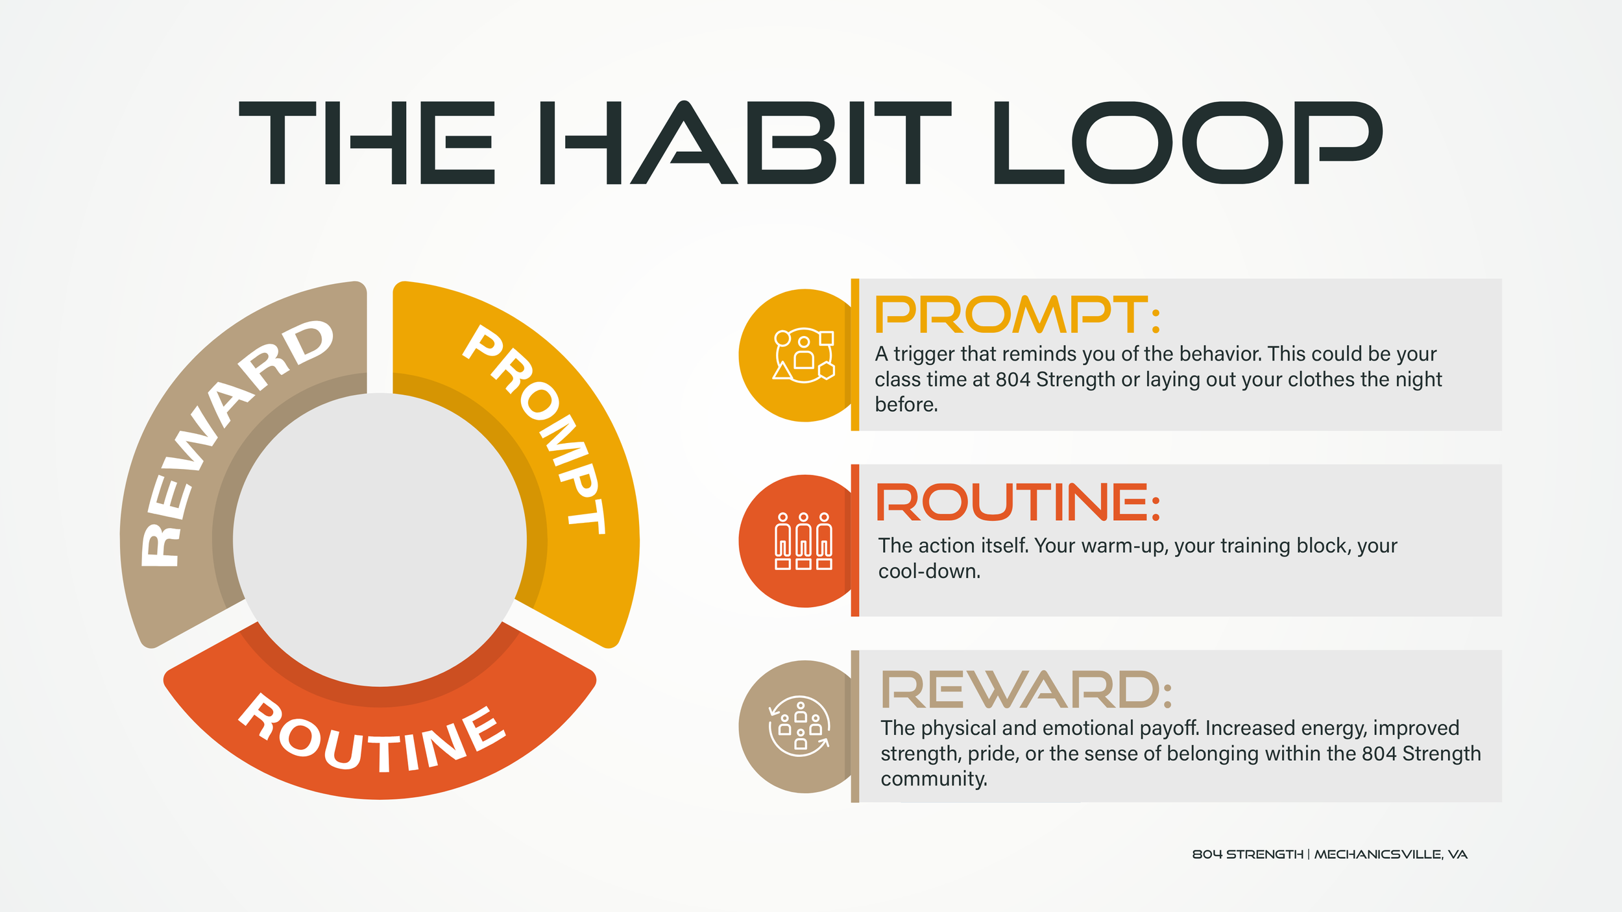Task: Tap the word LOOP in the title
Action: tap(1187, 143)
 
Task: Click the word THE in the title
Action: tap(367, 143)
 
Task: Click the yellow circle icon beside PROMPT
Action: tap(803, 355)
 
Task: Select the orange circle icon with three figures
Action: tap(803, 541)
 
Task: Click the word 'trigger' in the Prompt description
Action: tap(924, 354)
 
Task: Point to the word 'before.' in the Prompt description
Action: tap(906, 405)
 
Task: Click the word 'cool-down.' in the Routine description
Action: tap(929, 571)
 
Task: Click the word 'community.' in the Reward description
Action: tap(934, 778)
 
